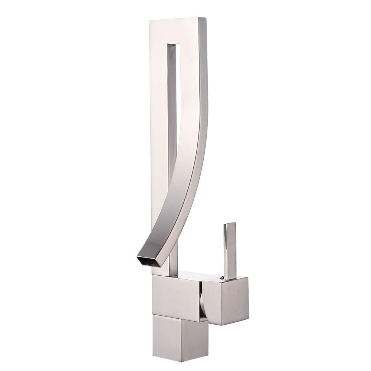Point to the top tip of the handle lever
tap(230, 224)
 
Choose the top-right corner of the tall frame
tap(206, 18)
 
